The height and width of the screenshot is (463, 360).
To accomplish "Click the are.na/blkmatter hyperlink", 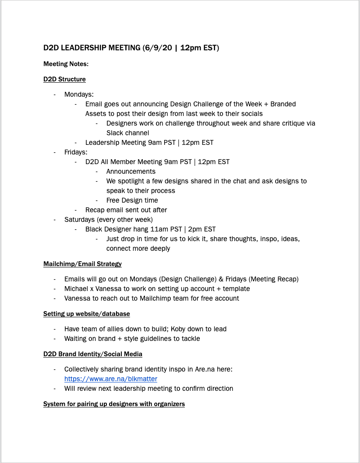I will tap(110, 379).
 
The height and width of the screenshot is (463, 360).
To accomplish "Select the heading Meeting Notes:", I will tap(66, 64).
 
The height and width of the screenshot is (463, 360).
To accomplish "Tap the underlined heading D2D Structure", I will tap(64, 79).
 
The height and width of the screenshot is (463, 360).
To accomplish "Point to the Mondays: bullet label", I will tap(79, 94).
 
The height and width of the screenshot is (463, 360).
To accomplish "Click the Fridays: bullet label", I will tap(76, 152).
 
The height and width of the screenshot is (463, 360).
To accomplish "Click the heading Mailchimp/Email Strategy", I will tap(82, 264).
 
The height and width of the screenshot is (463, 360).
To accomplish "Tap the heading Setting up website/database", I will tap(86, 314).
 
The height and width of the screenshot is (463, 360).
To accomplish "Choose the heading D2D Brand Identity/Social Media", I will tap(92, 354).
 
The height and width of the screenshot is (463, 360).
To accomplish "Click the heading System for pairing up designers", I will tap(114, 403).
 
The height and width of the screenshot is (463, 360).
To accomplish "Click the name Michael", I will tap(77, 288).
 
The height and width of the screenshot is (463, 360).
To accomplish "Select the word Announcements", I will tap(131, 171).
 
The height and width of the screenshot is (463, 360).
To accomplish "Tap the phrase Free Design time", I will tap(132, 200).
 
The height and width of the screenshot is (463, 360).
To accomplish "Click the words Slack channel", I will tap(127, 133).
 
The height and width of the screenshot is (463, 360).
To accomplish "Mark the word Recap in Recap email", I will tap(95, 210).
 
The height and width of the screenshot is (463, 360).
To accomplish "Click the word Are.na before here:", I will tap(202, 369).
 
